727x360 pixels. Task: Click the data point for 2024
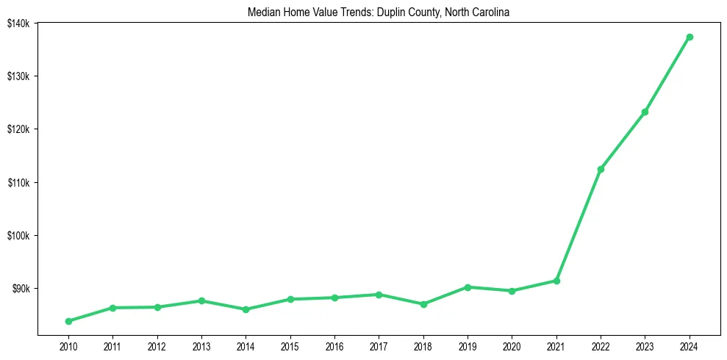pyautogui.click(x=690, y=37)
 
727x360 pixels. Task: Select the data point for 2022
pyautogui.click(x=601, y=169)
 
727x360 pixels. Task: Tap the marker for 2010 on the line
pyautogui.click(x=68, y=321)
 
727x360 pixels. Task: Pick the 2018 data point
pyautogui.click(x=423, y=304)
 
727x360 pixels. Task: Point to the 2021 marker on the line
pyautogui.click(x=556, y=281)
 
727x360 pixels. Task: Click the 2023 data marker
pyautogui.click(x=645, y=112)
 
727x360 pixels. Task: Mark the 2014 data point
pyautogui.click(x=246, y=309)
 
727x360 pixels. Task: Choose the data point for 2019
pyautogui.click(x=468, y=287)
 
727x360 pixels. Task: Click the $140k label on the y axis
pyautogui.click(x=18, y=24)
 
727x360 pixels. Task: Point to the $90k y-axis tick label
pyautogui.click(x=20, y=289)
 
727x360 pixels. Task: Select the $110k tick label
pyautogui.click(x=18, y=182)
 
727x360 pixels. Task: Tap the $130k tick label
pyautogui.click(x=18, y=76)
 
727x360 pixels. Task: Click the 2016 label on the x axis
pyautogui.click(x=334, y=345)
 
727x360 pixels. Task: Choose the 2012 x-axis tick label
pyautogui.click(x=157, y=345)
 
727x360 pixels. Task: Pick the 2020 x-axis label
pyautogui.click(x=512, y=345)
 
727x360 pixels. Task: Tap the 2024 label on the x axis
pyautogui.click(x=690, y=345)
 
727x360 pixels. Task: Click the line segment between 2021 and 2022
pyautogui.click(x=579, y=225)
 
